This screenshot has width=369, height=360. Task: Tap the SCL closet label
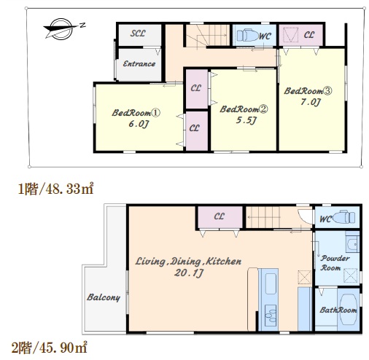click(138, 34)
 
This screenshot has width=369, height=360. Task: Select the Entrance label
click(139, 64)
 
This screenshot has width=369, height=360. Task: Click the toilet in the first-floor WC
click(248, 36)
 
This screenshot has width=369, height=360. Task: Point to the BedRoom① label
click(136, 113)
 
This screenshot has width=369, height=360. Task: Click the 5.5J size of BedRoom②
click(246, 120)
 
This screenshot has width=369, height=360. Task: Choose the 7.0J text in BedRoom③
click(311, 102)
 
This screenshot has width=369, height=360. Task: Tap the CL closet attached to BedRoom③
click(300, 35)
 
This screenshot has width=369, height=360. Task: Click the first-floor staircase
click(208, 36)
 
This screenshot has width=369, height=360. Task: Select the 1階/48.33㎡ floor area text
click(55, 189)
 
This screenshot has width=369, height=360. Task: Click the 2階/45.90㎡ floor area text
click(50, 348)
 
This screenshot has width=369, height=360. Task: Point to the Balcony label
click(104, 297)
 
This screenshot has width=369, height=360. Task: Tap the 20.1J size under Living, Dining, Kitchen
click(189, 273)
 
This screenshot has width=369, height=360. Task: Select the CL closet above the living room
click(220, 217)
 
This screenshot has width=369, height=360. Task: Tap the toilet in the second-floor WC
click(343, 217)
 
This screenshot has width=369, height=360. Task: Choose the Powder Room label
click(335, 263)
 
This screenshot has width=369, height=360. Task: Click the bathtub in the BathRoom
click(348, 310)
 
